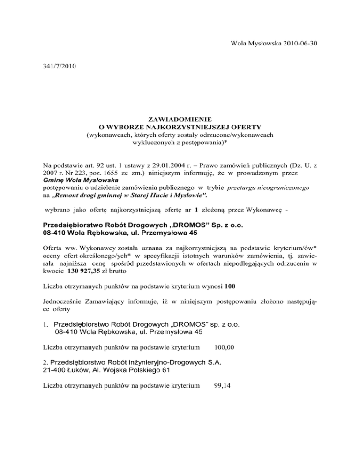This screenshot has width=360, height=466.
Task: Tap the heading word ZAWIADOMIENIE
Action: coord(180,119)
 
